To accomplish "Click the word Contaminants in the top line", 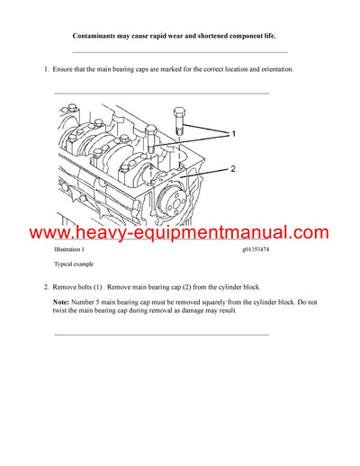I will (x=94, y=36).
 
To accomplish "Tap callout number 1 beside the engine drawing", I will (x=233, y=133).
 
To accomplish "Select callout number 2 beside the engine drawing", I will (x=233, y=168).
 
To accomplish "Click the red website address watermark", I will (x=180, y=233).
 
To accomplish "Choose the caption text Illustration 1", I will (x=72, y=250).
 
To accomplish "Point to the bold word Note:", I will (x=62, y=300).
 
